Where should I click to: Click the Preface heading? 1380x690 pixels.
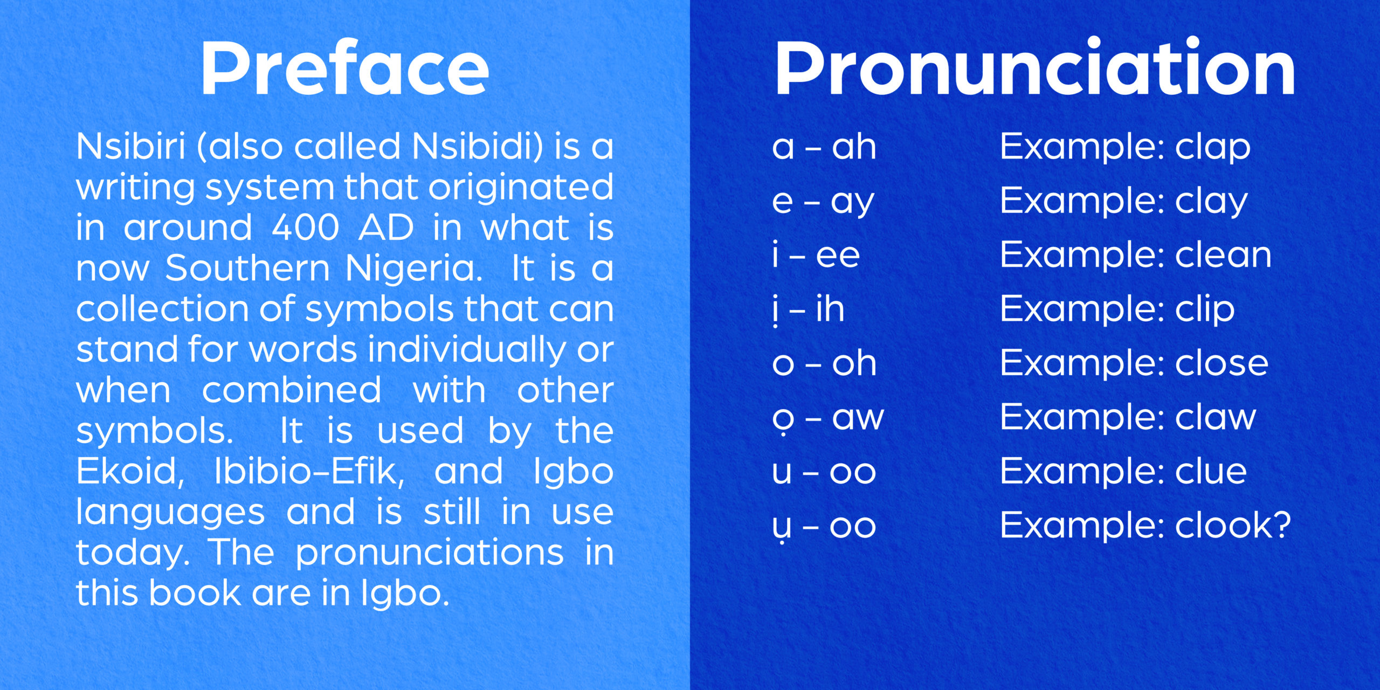345,68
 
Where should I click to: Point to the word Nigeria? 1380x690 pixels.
413,268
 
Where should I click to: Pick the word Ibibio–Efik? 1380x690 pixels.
309,471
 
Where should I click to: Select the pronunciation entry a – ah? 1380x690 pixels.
824,147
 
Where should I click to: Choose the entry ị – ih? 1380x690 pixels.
809,309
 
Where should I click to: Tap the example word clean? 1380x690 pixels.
1224,254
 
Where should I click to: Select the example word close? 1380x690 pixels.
1222,363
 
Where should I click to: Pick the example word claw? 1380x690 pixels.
1216,417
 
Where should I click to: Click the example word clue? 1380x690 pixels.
1211,471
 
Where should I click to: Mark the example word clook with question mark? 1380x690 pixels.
1233,525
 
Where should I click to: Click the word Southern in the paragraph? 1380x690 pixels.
247,268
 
